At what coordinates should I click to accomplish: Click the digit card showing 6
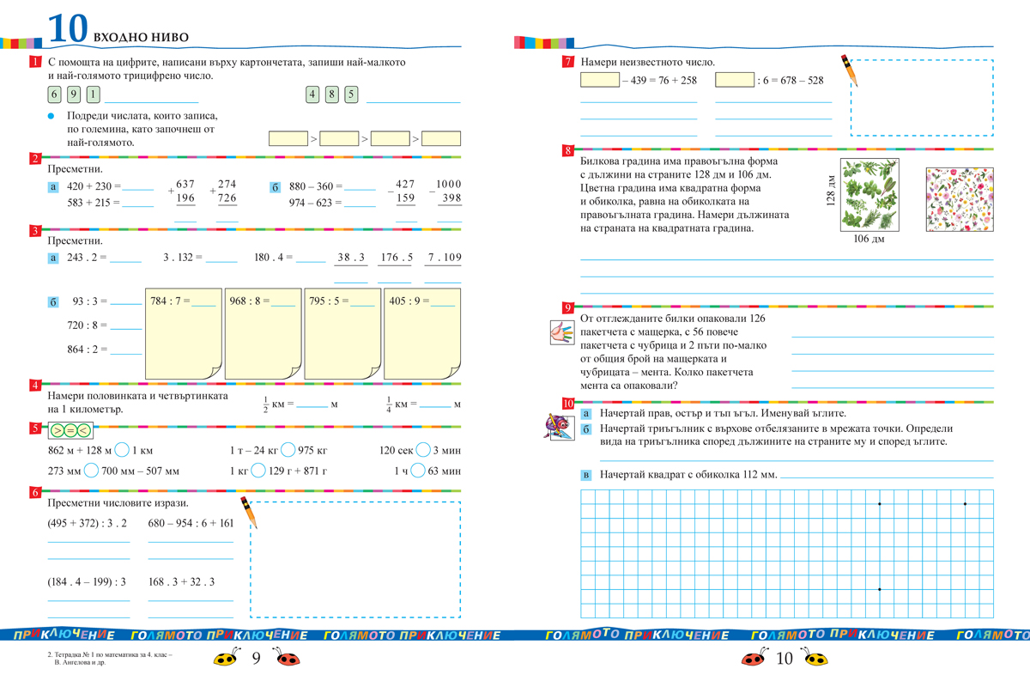pos(55,95)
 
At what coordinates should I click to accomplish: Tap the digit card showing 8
pos(332,95)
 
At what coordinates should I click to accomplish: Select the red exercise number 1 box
pos(34,63)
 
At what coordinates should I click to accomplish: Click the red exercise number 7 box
pos(567,62)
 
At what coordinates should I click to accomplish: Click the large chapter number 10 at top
pos(67,28)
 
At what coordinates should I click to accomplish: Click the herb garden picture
pos(868,195)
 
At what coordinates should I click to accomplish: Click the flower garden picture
pos(960,198)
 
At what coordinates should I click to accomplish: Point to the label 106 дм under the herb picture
pos(868,239)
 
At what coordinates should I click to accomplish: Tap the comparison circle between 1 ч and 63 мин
pos(418,471)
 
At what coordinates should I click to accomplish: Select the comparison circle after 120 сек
pos(421,450)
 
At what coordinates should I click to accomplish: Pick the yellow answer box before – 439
pos(599,81)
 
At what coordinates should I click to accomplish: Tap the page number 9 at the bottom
pos(255,660)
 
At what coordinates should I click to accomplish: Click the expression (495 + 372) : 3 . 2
pos(88,523)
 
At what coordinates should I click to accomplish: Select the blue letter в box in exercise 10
pos(586,475)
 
